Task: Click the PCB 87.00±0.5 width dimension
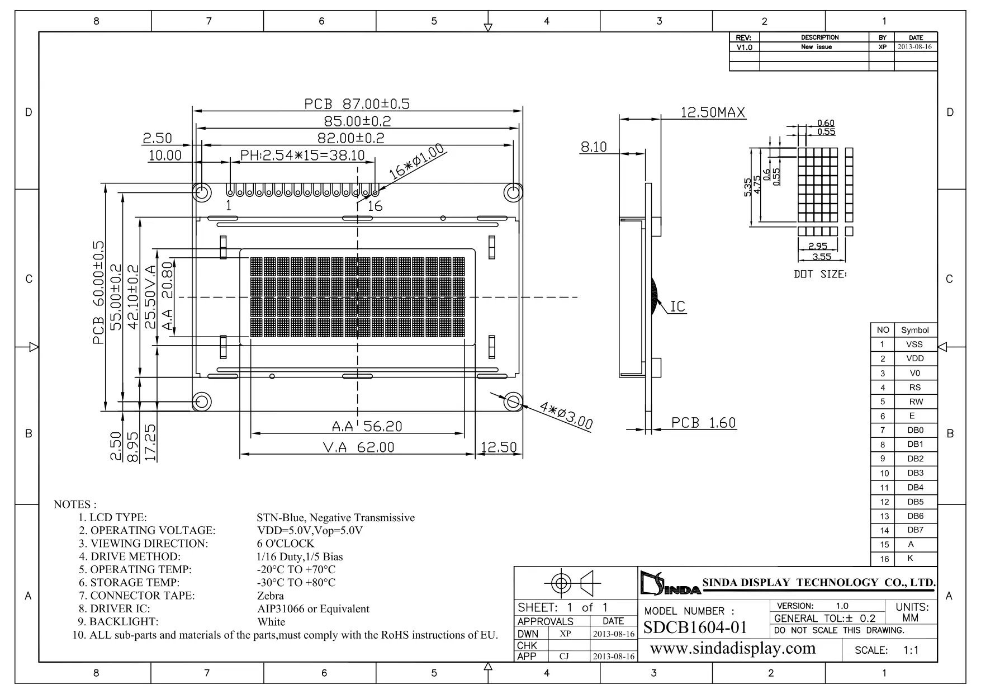click(x=357, y=103)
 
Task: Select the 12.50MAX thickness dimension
click(x=713, y=112)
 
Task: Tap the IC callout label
click(x=677, y=306)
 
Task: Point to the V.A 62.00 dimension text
click(x=358, y=447)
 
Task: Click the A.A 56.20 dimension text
click(x=367, y=426)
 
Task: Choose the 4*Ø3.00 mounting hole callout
click(x=566, y=416)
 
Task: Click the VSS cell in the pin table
click(x=914, y=344)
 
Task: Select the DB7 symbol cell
click(x=915, y=530)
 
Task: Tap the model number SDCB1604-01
click(x=695, y=627)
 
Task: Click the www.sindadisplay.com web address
click(x=733, y=648)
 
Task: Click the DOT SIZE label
click(x=820, y=275)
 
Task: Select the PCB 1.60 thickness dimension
click(x=703, y=423)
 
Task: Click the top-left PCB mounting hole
click(x=202, y=193)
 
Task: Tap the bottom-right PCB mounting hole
click(x=513, y=402)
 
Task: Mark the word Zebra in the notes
click(x=271, y=596)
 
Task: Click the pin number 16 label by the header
click(x=375, y=206)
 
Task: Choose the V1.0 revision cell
click(x=745, y=48)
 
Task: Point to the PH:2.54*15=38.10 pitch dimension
click(x=302, y=155)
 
